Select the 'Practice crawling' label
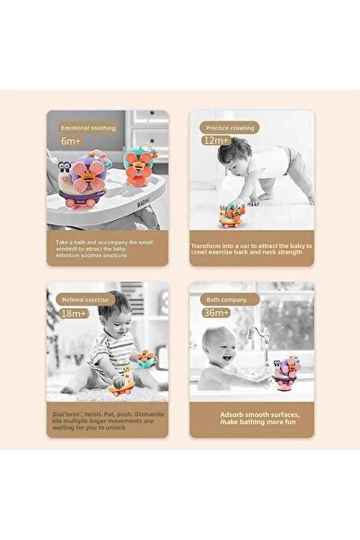point(229,127)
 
